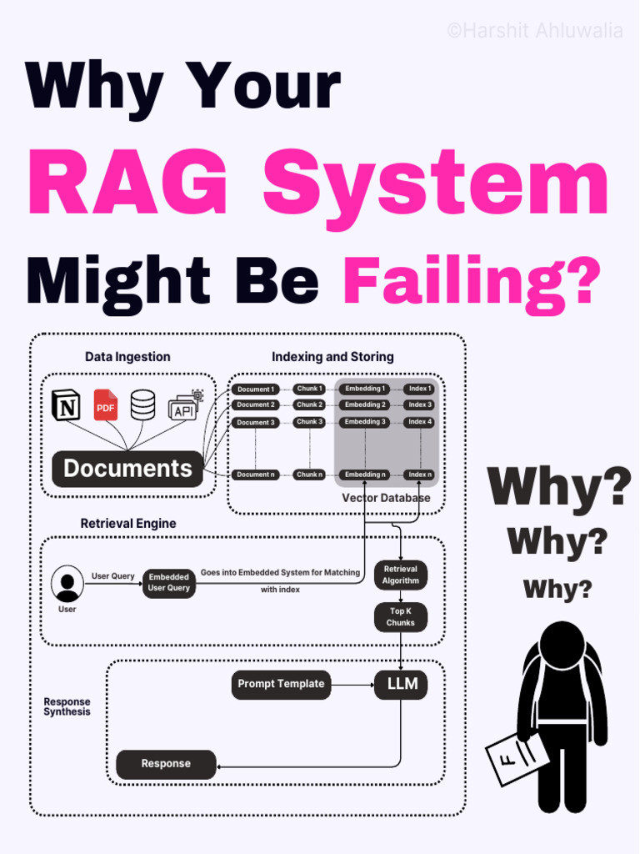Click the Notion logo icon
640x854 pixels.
(x=64, y=404)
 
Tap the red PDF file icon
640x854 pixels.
(x=106, y=405)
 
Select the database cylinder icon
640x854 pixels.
(x=142, y=404)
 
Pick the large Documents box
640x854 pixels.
(x=127, y=469)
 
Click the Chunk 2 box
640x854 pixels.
(x=309, y=405)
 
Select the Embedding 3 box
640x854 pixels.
(x=366, y=422)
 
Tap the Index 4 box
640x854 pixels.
(x=420, y=422)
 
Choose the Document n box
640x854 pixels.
(x=254, y=475)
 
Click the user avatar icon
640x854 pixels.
(x=67, y=584)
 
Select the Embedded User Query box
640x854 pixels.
(x=169, y=582)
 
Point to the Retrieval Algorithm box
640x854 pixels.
(x=401, y=575)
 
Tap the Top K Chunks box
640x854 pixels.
(x=401, y=617)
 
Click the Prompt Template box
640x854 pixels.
(x=281, y=684)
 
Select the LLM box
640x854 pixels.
(x=401, y=685)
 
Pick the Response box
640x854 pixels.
(x=166, y=764)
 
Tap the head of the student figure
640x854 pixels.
(x=562, y=645)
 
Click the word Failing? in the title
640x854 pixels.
(x=472, y=282)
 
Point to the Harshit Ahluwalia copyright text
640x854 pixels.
(x=534, y=32)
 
